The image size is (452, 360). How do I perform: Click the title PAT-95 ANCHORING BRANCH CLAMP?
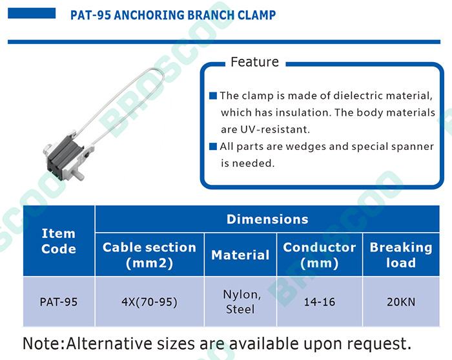tap(173, 15)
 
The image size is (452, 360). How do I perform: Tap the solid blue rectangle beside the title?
tap(32, 14)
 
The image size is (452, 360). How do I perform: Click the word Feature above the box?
tap(255, 62)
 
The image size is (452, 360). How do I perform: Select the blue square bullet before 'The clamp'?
tap(212, 96)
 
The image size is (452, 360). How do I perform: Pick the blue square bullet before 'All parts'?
tap(212, 147)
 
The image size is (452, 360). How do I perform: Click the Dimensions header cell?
tap(267, 219)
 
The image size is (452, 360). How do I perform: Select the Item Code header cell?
tap(59, 241)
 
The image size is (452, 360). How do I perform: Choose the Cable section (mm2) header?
tap(149, 255)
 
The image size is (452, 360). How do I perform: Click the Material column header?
tap(240, 255)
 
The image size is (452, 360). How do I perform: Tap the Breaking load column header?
tap(401, 255)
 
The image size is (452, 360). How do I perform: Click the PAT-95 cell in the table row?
tap(59, 302)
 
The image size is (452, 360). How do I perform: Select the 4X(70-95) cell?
tap(149, 302)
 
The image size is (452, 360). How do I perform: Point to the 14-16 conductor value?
tap(320, 302)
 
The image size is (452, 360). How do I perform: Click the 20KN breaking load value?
tap(401, 302)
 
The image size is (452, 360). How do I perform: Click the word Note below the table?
tap(43, 344)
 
